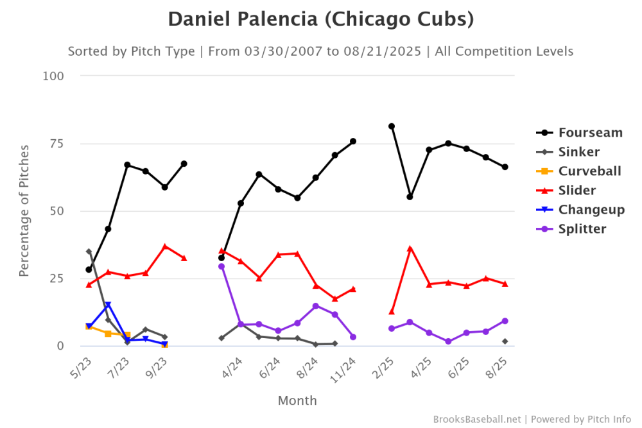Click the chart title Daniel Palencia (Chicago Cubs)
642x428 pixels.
coord(321,19)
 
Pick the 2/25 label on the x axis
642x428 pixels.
coord(385,367)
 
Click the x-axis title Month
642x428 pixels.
coord(297,401)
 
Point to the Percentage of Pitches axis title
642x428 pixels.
coord(24,211)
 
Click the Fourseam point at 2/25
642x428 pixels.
coord(392,126)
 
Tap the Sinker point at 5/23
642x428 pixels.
coord(89,252)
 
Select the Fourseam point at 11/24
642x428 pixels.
coord(353,141)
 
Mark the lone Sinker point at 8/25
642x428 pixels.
coord(505,341)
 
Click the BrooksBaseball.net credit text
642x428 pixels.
coord(477,419)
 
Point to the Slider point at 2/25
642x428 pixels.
coord(392,311)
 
